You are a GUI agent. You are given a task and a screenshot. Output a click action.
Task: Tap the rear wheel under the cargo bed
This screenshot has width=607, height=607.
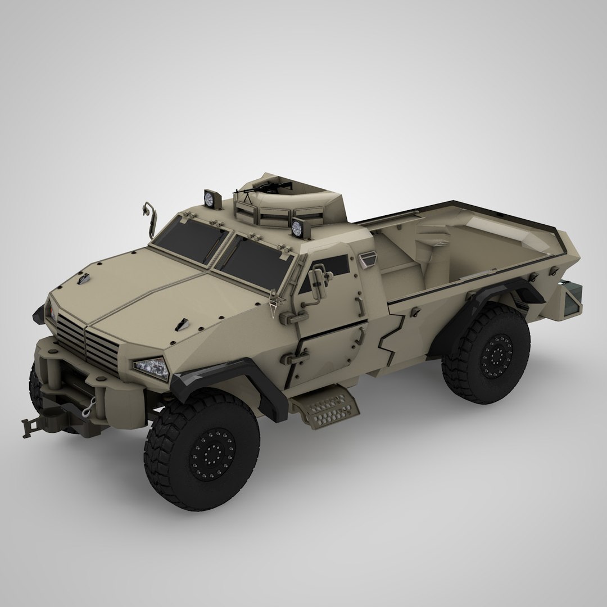click(x=486, y=352)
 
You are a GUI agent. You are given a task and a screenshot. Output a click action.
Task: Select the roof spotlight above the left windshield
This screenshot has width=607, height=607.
click(x=210, y=198)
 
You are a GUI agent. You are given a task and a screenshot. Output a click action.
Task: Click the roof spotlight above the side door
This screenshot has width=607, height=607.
click(x=296, y=227)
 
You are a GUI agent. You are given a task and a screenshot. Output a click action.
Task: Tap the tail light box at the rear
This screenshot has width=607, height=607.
click(x=572, y=301)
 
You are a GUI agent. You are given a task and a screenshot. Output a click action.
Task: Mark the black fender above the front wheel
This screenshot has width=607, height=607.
click(x=225, y=382)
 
